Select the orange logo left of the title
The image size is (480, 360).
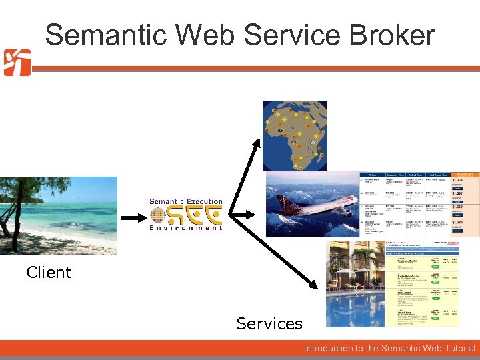17,63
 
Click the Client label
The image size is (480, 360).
49,272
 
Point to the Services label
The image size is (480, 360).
269,324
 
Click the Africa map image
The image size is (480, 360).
294,135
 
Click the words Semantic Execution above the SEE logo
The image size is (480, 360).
185,201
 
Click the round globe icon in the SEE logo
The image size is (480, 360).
157,215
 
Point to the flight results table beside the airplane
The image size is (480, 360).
420,203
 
